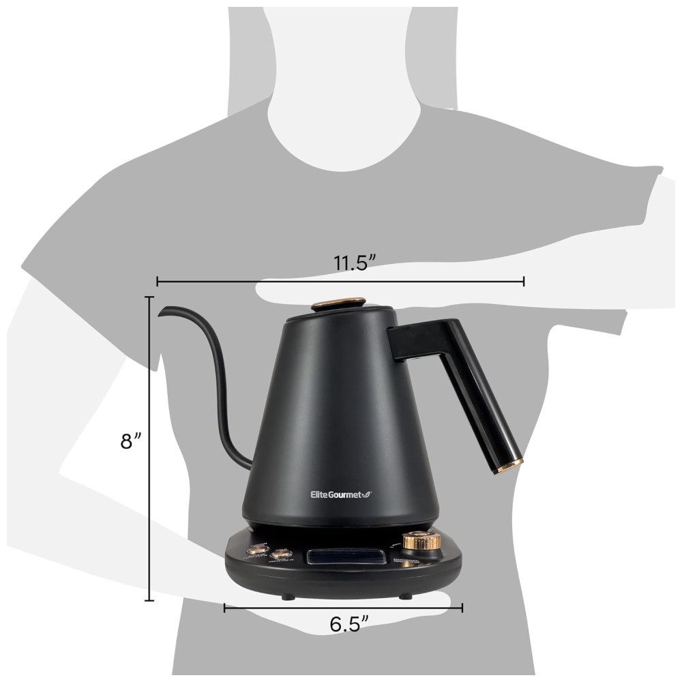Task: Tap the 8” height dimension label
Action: pos(130,441)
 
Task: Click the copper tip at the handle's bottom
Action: pos(509,466)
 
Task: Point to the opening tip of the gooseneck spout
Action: pos(162,312)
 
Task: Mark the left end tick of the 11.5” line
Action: pos(158,281)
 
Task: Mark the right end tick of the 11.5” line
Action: pos(524,281)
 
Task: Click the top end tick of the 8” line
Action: pos(149,297)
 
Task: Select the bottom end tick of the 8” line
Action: pos(149,601)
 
